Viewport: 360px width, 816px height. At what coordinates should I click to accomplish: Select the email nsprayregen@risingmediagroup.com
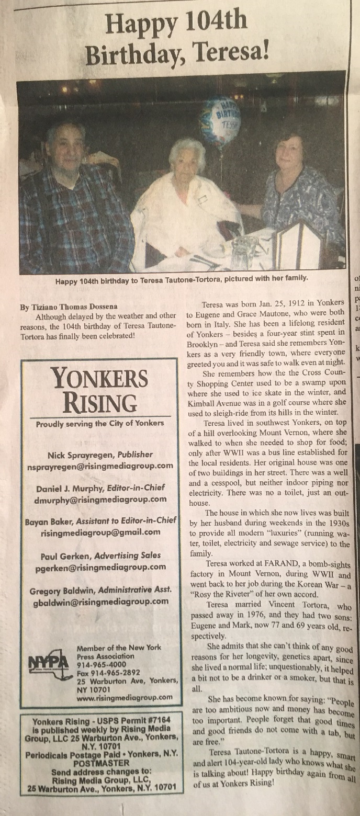coord(99,466)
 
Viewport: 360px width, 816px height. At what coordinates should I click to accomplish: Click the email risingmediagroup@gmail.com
coord(100,532)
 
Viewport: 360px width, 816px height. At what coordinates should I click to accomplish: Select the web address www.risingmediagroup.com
coord(125,697)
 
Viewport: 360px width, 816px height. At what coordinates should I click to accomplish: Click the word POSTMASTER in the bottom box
coord(99,763)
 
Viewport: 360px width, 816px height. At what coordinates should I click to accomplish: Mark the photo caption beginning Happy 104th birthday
coord(182,279)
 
